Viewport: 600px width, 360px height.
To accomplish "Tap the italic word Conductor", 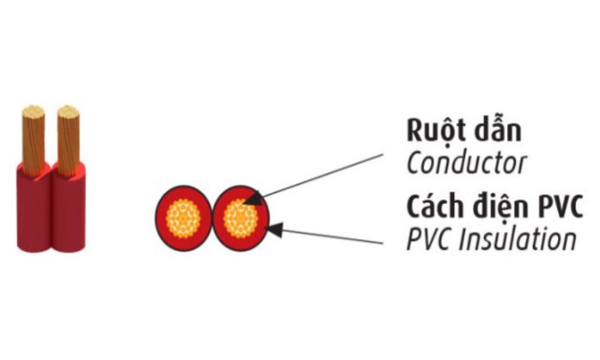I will click(x=466, y=163).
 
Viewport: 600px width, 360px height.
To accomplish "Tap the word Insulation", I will click(x=516, y=239).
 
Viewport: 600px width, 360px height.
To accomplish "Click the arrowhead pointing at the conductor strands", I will click(x=253, y=199).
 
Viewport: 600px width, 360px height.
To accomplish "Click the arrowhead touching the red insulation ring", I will click(x=274, y=229).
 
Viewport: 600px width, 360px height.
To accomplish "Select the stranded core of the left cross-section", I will click(x=183, y=218).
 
